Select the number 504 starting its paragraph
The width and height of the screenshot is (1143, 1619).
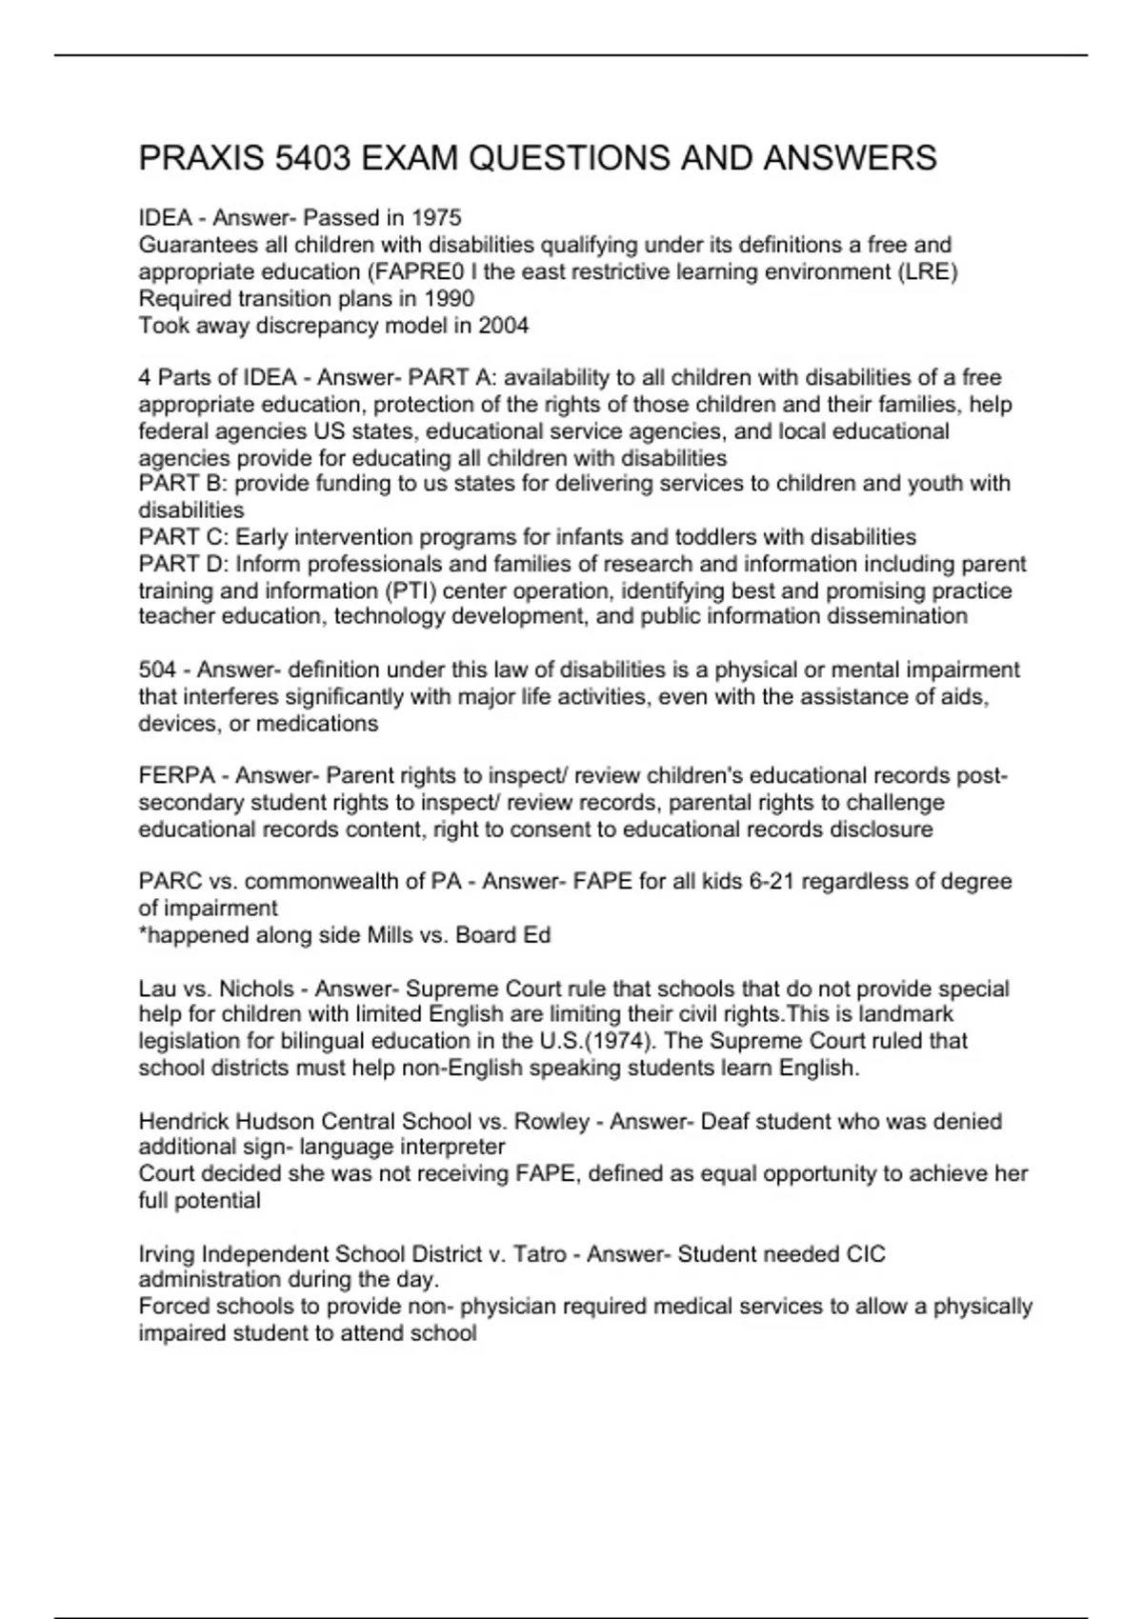(x=157, y=670)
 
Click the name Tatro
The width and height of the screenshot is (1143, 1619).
(x=540, y=1254)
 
